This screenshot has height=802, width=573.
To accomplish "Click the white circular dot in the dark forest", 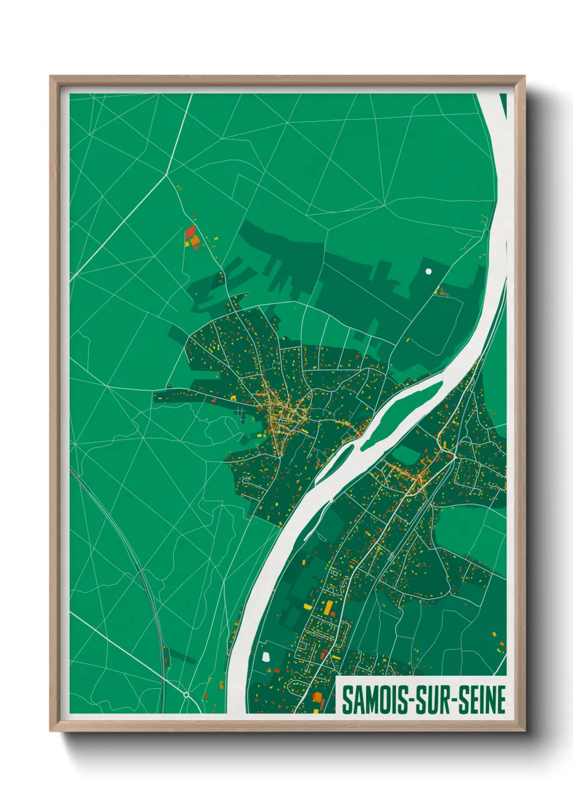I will pos(428,271).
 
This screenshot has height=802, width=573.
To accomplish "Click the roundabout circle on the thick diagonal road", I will pos(186,694).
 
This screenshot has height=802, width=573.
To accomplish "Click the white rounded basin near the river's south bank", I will pos(265,657).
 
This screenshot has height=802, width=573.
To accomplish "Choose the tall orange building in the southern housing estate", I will pos(328,606).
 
